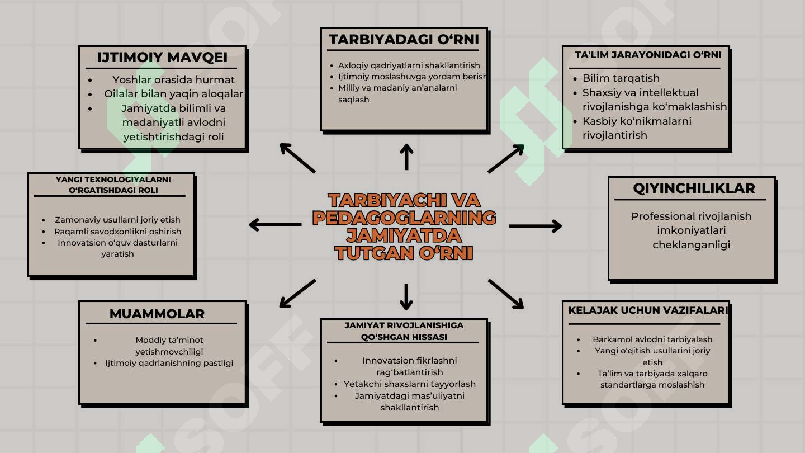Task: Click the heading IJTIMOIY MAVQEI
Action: coord(163,58)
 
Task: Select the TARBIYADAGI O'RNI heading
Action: coord(404,40)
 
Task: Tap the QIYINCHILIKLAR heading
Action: coord(694,188)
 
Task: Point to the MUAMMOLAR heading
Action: coord(157,314)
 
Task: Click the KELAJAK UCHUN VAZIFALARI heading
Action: coord(648,310)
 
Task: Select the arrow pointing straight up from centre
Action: coord(406,157)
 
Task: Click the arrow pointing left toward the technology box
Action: coord(275,225)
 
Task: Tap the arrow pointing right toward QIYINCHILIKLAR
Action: coord(536,226)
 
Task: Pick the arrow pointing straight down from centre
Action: coord(406,297)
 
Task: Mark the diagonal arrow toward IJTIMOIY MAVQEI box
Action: coord(297,158)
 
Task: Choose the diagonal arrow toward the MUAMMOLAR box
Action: coord(297,294)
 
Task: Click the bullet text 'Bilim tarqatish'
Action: coord(621,78)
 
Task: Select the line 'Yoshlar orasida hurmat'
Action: coord(173,79)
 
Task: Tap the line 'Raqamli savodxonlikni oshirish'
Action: coord(117,231)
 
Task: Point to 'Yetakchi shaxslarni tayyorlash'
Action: coord(410,384)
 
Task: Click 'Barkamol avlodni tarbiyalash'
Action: coord(652,339)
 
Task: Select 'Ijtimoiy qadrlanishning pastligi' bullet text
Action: coord(169,363)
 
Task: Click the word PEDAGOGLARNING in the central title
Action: coord(404,218)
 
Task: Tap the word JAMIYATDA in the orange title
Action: coord(404,235)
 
